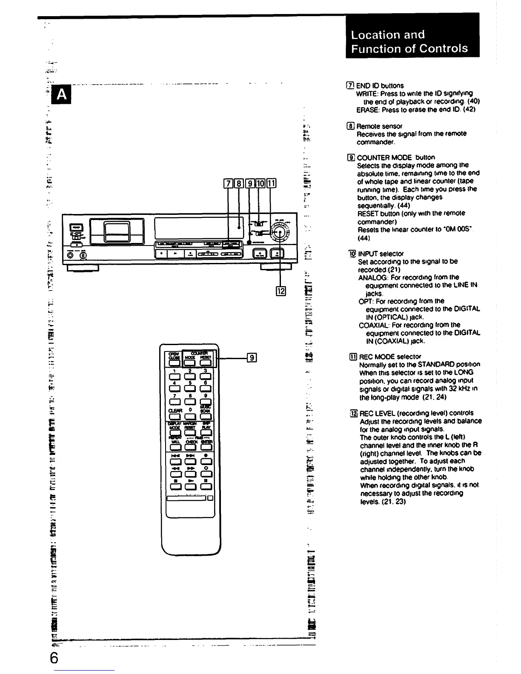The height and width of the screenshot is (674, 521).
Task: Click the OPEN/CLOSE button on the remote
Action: [x=175, y=362]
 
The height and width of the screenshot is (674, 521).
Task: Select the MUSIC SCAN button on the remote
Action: [x=206, y=415]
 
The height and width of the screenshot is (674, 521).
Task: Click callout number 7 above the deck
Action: [x=228, y=184]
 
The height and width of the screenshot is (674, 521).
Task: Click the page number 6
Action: [x=54, y=657]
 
